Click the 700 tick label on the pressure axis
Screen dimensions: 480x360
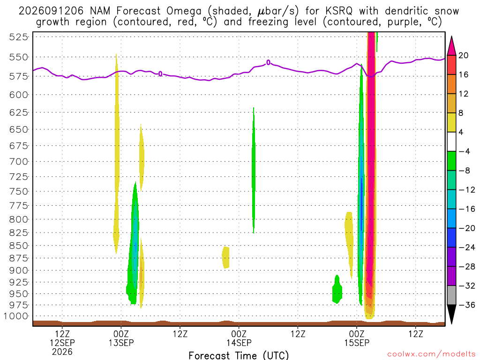pos(19,161)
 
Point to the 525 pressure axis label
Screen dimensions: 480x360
pos(19,37)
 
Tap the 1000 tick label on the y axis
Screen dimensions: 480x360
pos(16,316)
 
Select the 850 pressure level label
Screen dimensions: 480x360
pos(19,246)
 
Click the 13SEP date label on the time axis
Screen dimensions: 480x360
pos(121,343)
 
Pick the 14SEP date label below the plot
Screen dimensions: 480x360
pos(239,343)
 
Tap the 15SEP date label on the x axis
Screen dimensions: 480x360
pos(357,343)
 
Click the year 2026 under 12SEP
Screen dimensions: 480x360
pos(62,352)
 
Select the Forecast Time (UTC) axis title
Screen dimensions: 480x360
pos(239,355)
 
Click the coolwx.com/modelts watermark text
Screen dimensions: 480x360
pos(431,354)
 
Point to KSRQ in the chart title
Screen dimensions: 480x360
pos(339,11)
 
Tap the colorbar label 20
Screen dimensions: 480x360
pos(463,55)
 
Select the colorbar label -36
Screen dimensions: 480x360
pos(466,305)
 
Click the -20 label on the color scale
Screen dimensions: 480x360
pos(466,228)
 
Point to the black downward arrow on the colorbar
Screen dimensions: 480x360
pos(451,314)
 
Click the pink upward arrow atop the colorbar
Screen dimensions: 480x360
pos(451,46)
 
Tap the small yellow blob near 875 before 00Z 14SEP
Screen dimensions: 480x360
pos(225,257)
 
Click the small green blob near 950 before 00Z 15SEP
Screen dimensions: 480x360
pos(337,290)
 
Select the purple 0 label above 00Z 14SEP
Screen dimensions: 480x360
pos(269,62)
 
